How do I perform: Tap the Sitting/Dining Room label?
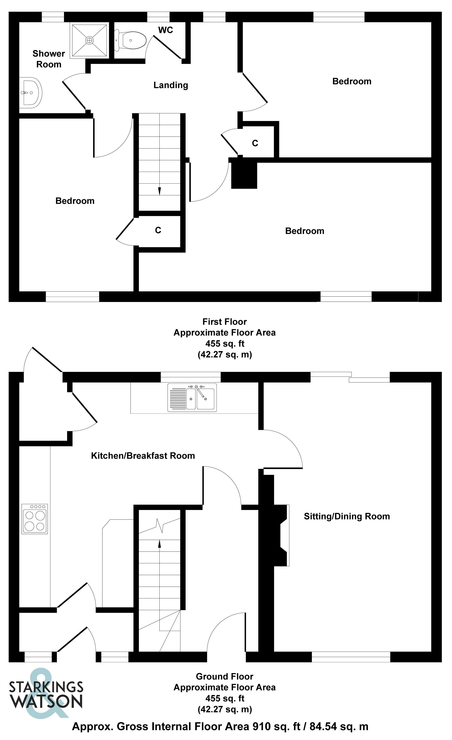(347, 517)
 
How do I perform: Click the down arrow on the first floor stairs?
(159, 190)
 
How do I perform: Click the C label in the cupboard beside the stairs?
(158, 230)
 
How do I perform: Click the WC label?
(165, 30)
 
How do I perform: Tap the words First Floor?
(224, 322)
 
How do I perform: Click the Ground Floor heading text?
(224, 677)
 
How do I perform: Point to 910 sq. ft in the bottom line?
(276, 727)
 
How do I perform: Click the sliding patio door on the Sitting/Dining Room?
(350, 377)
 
